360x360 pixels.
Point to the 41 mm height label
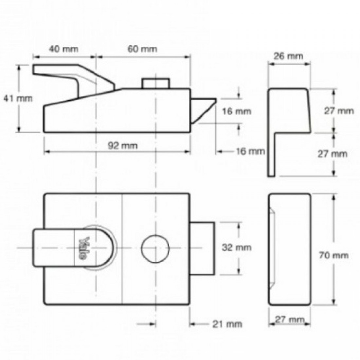pyautogui.click(x=18, y=98)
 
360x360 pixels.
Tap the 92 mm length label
pyautogui.click(x=123, y=146)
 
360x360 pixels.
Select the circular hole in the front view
pyautogui.click(x=155, y=248)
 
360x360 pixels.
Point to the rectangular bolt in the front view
pyautogui.click(x=202, y=248)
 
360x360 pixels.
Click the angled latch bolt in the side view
pyautogui.click(x=203, y=110)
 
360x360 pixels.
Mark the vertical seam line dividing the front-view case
pyautogui.click(x=122, y=249)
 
